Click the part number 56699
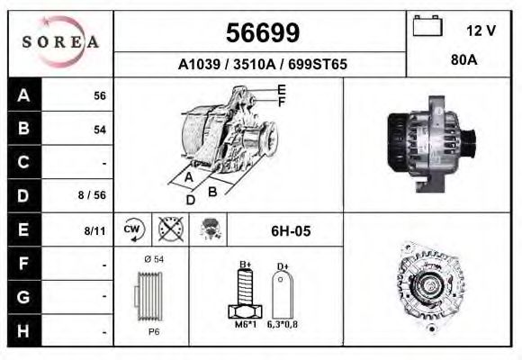coord(261,32)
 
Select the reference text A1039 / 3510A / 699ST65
coord(262,65)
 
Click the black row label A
coord(23,94)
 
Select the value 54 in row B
coord(100,130)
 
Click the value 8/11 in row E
coord(94,231)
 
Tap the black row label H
coord(23,331)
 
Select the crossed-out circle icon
coord(167,230)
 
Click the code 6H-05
coord(291,231)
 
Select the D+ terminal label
coord(282,266)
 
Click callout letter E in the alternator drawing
coord(281,89)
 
